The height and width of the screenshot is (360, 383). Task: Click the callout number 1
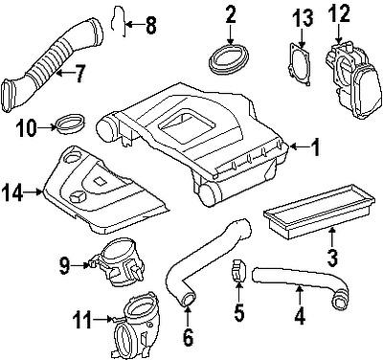point(315,147)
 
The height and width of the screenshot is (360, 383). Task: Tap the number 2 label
point(231,15)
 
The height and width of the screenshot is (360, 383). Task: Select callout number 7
point(79,73)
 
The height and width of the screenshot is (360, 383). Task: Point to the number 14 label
point(11,192)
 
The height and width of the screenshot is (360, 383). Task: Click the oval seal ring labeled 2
point(228,59)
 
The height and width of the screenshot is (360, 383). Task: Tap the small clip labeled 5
point(238,270)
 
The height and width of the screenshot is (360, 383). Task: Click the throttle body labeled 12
point(352,79)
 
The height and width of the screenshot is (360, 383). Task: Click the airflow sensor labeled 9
point(118,262)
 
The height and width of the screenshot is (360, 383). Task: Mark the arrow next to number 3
point(332,236)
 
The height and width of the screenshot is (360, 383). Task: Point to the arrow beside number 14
point(34,191)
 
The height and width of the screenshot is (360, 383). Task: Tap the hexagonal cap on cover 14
point(78,197)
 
